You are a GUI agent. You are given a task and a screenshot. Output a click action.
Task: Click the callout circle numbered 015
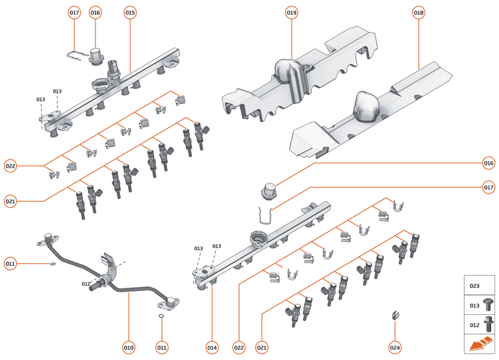tap(130, 12)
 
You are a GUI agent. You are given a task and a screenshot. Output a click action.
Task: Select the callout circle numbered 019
tap(292, 12)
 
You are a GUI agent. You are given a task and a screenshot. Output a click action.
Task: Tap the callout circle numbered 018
tap(419, 12)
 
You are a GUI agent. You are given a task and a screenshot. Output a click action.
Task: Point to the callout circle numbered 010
tap(128, 348)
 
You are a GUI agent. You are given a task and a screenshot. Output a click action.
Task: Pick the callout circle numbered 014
tap(212, 348)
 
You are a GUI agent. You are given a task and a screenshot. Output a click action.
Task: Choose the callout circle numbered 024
tap(395, 348)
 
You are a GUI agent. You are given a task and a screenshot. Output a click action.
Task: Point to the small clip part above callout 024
tap(393, 315)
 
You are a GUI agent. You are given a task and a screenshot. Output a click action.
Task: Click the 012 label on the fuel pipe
tap(86, 284)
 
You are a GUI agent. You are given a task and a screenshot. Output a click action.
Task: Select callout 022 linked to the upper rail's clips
tap(10, 166)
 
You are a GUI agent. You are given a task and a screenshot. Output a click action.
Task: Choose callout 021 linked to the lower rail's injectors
tap(261, 348)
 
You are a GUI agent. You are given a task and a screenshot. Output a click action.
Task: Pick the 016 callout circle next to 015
tap(96, 12)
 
